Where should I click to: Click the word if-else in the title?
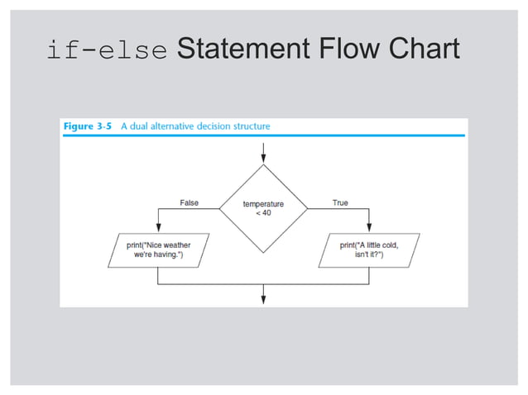107,51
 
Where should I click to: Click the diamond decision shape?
263,208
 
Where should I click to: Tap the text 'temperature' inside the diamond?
263,203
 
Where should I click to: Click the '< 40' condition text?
263,213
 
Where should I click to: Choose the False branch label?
190,202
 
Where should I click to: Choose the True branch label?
340,202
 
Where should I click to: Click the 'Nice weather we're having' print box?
158,250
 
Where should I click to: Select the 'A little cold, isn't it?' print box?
369,250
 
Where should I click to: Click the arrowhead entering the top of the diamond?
263,159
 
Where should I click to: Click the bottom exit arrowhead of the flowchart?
263,298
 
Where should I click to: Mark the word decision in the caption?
208,126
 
